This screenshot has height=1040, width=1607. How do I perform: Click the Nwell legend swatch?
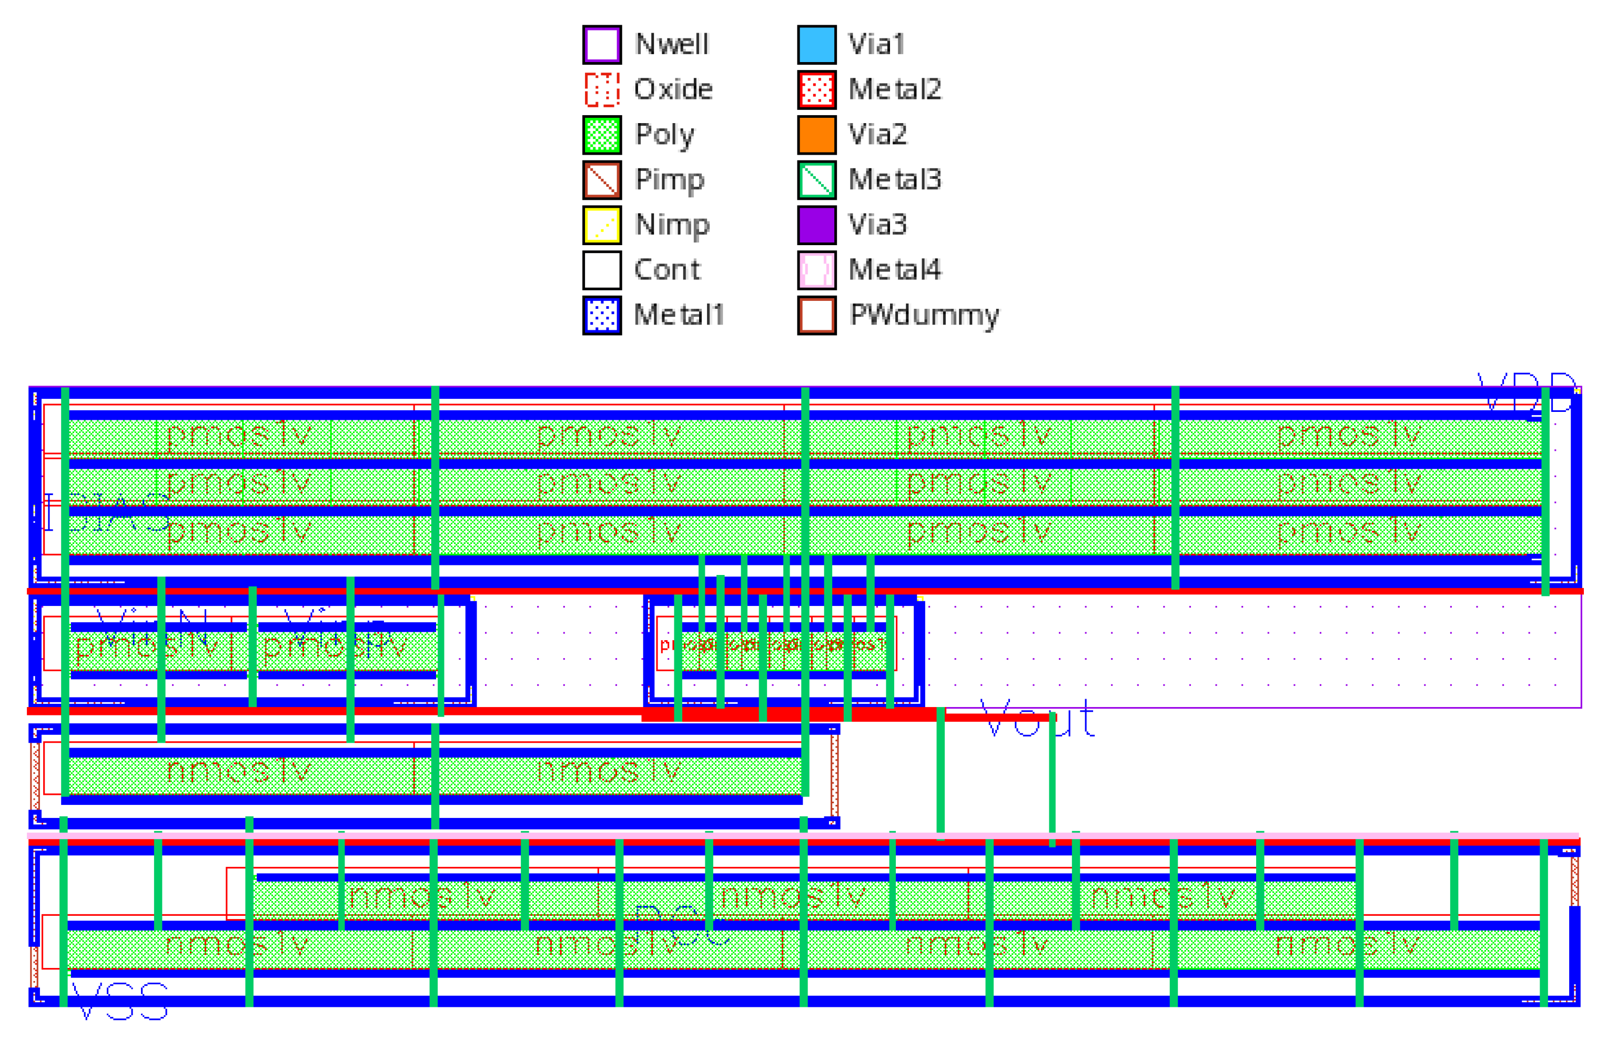(602, 45)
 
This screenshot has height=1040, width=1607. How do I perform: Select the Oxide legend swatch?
(602, 89)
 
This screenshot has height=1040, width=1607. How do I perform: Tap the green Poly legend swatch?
(602, 134)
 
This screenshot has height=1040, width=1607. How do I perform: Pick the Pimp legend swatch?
(602, 179)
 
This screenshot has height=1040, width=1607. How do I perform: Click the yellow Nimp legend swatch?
(602, 225)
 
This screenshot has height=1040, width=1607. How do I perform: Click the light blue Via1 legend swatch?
(816, 45)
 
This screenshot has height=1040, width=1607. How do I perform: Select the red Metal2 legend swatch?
(816, 89)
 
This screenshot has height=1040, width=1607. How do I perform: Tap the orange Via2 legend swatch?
(816, 134)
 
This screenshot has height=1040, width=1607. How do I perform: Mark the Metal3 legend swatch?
(816, 179)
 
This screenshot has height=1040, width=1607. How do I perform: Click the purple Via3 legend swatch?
(816, 225)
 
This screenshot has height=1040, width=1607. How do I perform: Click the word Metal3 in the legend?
(894, 179)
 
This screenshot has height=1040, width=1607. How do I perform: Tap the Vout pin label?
(1037, 719)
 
